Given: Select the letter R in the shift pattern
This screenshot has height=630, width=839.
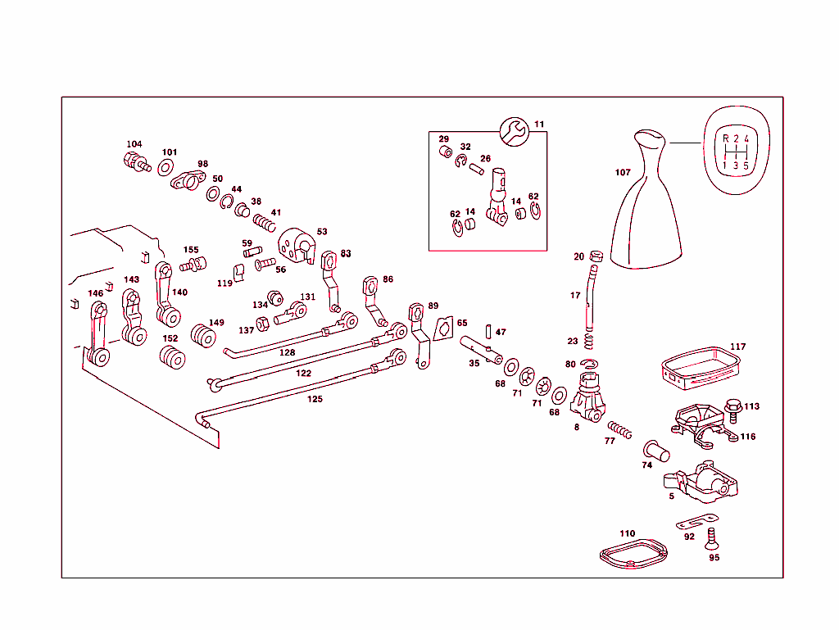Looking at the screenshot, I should pos(725,138).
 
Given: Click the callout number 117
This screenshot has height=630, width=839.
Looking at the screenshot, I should pos(737,347).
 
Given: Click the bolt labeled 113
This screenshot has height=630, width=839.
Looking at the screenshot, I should pos(733,407).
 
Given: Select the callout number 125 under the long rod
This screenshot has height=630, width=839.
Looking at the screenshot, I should pos(315,399).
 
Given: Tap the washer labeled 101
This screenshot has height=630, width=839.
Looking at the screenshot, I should pos(166,168).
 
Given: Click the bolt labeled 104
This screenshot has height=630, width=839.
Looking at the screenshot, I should pos(136,161).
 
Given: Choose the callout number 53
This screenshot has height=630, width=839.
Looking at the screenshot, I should pos(322,232).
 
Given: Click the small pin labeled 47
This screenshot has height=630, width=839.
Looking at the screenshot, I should pos(488,332).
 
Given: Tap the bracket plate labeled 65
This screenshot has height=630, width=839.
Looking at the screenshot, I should pos(444,329).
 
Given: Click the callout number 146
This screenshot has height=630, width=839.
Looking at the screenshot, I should pos(96,293).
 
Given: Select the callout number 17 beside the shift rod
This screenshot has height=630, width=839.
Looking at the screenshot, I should pos(575,296).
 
